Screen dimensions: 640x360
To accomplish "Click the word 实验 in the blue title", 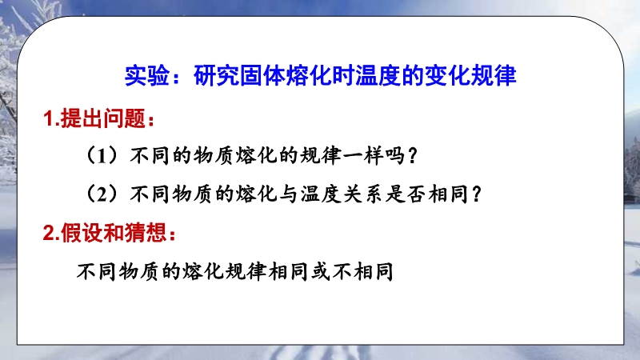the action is tap(147, 75).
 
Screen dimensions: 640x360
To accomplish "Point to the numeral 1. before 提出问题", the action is tap(51, 119).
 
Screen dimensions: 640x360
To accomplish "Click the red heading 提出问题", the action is tap(103, 118).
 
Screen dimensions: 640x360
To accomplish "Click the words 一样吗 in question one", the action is tap(374, 155).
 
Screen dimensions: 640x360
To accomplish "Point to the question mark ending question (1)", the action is tap(413, 156).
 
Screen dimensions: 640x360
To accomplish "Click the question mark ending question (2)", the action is tap(476, 194).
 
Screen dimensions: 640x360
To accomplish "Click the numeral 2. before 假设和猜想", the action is tap(51, 234).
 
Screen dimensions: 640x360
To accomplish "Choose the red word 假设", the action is tap(82, 233).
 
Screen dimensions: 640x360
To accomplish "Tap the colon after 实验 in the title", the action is tap(176, 78).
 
